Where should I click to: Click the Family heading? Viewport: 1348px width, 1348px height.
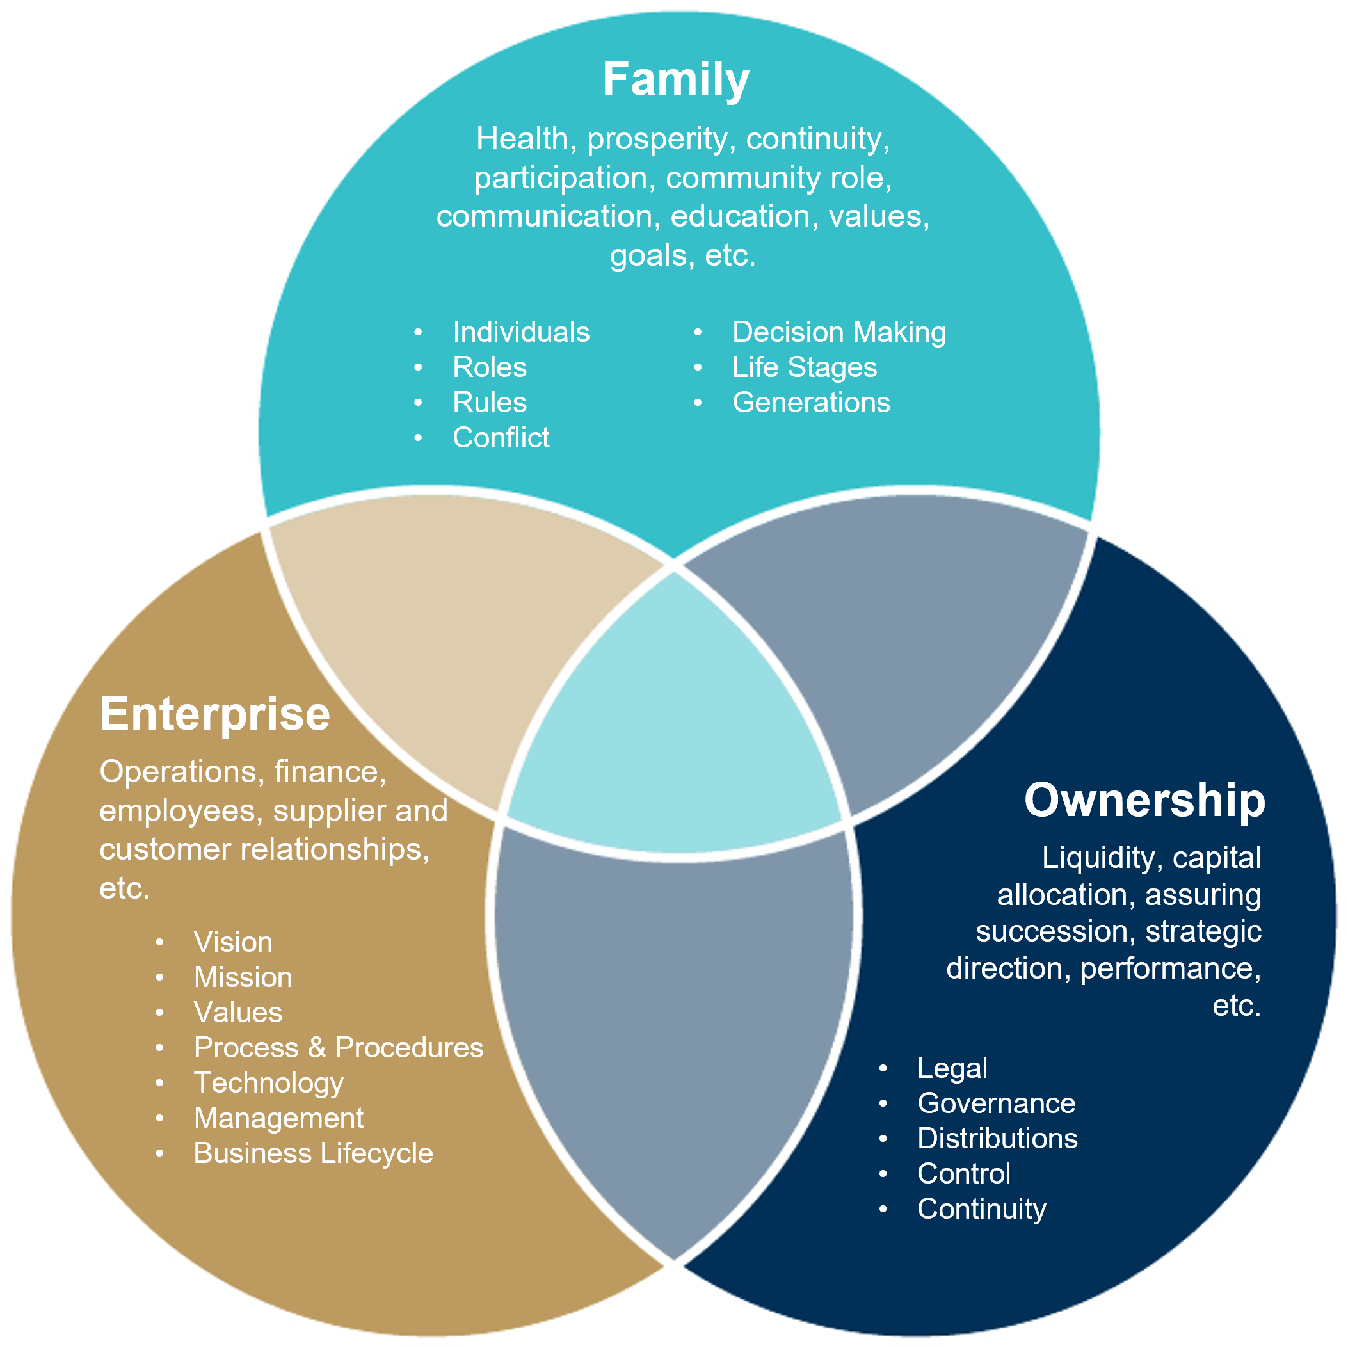click(x=675, y=79)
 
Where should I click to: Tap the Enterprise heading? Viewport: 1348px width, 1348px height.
click(x=215, y=714)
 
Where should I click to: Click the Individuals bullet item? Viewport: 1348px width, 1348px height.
click(x=520, y=332)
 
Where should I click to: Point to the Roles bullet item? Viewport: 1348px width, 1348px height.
click(x=489, y=367)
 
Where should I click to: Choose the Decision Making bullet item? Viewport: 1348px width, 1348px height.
click(x=838, y=332)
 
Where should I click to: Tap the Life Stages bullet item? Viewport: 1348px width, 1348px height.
click(x=804, y=367)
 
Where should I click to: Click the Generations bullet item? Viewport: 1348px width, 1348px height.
click(x=811, y=403)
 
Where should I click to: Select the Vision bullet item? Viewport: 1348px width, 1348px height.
click(x=233, y=942)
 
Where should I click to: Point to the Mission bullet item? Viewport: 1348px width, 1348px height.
click(x=243, y=977)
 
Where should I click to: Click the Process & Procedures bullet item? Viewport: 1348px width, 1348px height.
click(x=339, y=1047)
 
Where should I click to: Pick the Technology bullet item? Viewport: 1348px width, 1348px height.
click(x=269, y=1083)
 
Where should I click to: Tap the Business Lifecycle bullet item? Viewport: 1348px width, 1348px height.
click(x=313, y=1153)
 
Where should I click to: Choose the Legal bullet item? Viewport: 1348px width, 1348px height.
click(x=952, y=1068)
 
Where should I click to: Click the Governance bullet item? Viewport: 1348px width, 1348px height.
click(x=996, y=1103)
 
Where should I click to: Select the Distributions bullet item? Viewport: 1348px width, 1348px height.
click(x=997, y=1139)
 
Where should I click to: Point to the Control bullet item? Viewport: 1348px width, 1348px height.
click(x=963, y=1173)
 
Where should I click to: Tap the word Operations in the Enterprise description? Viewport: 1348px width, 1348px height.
click(x=178, y=772)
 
